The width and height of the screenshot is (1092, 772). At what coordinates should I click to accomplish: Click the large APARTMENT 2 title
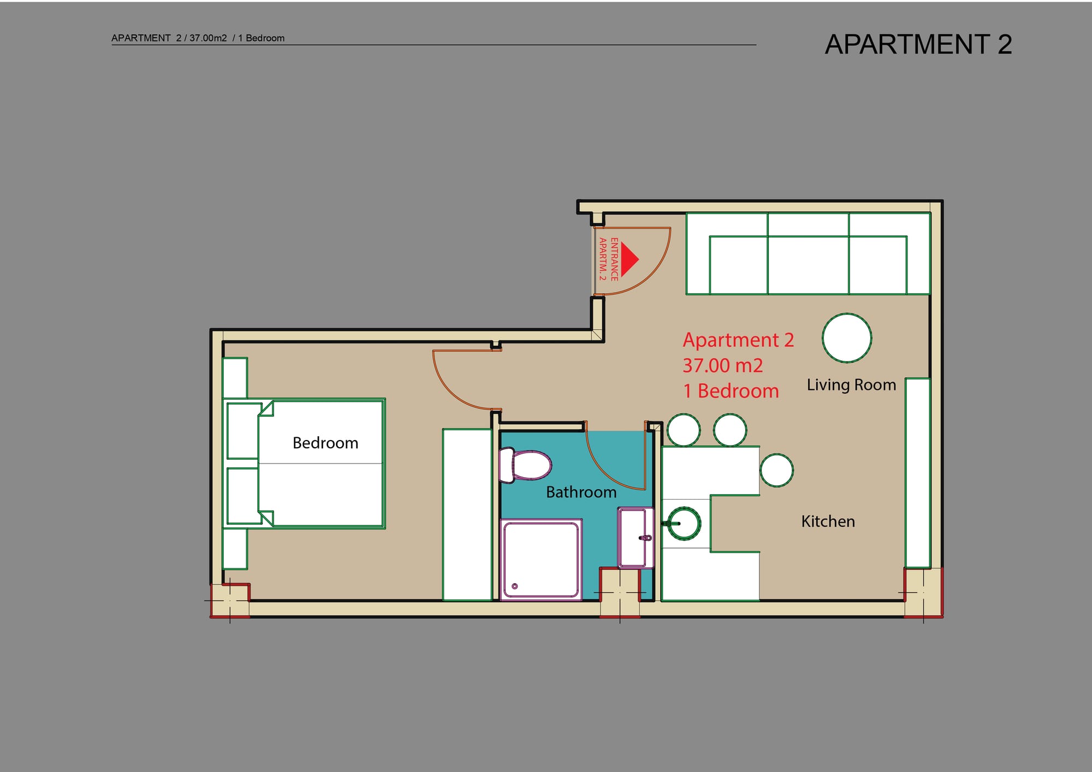coord(918,44)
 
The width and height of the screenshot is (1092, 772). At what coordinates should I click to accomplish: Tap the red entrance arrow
coord(630,259)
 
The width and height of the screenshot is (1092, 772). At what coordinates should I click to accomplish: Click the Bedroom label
coord(325,443)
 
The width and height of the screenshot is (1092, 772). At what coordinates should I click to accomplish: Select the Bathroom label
coord(581,492)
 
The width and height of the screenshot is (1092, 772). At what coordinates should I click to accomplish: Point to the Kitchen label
coord(828,521)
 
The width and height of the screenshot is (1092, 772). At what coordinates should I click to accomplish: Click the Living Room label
coord(851,385)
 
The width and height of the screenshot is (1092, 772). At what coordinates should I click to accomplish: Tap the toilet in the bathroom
coord(525,466)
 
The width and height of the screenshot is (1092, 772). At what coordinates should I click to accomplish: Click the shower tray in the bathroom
coord(541,560)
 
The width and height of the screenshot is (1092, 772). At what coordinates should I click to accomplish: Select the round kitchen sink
coord(684,523)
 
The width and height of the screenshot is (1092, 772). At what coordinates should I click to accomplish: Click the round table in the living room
coord(847,338)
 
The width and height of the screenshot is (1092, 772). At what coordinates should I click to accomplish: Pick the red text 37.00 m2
coord(722,365)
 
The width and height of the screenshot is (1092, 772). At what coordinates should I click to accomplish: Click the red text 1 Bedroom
coord(731,391)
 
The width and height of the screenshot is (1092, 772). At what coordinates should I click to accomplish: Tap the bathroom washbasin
coord(636,538)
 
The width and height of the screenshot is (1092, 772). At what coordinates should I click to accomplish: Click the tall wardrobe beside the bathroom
coord(467,515)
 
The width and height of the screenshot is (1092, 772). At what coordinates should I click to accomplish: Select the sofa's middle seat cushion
coord(808,265)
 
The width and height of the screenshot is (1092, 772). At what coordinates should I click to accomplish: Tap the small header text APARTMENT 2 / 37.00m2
coord(169,38)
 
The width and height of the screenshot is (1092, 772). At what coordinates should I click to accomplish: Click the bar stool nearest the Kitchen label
coord(776,470)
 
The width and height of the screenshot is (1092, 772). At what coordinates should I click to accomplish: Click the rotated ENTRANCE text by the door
coord(614,259)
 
